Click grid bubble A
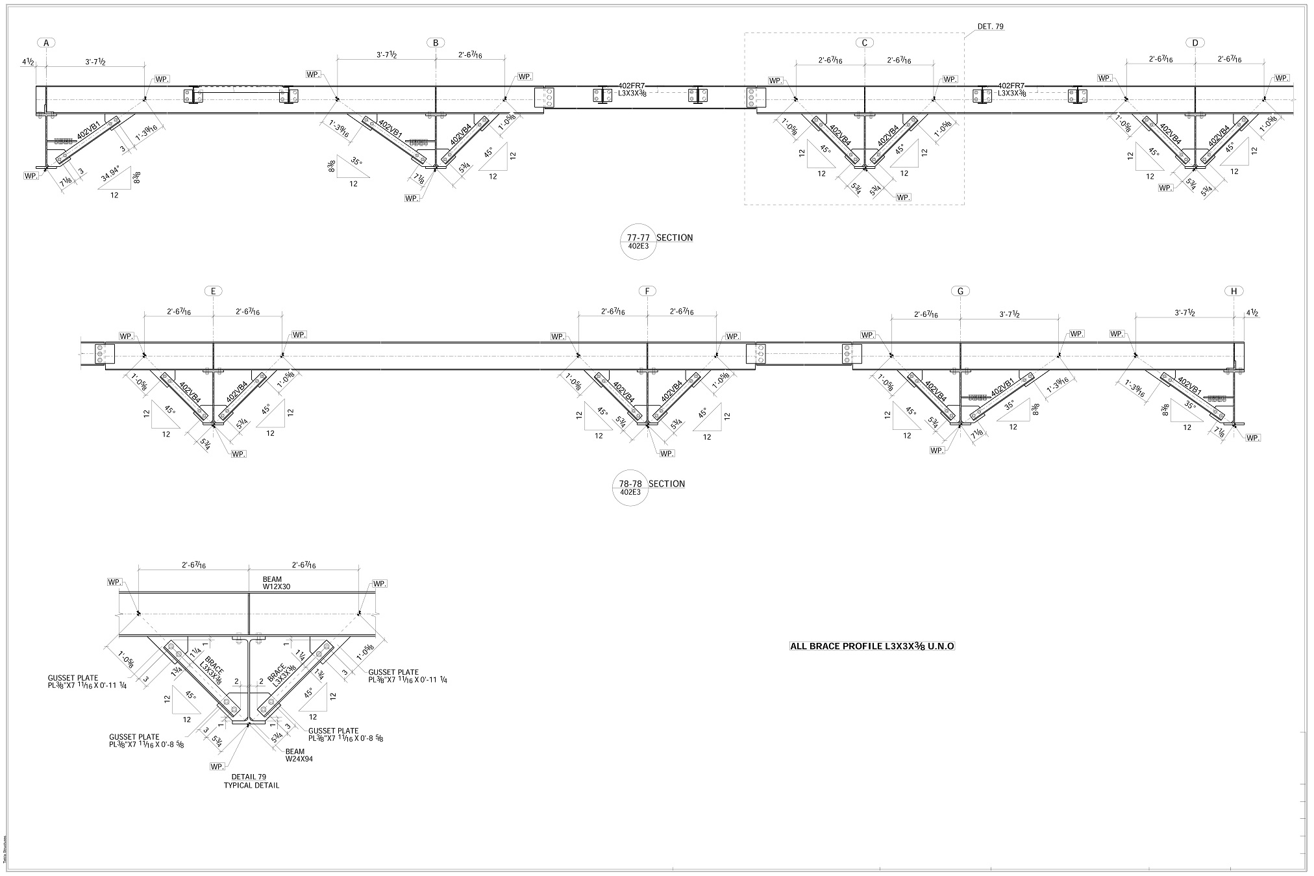click(x=46, y=43)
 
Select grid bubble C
click(x=864, y=43)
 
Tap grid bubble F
click(x=647, y=291)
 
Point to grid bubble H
click(x=1233, y=291)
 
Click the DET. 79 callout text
click(x=991, y=27)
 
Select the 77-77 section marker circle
click(x=638, y=242)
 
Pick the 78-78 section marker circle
click(x=630, y=488)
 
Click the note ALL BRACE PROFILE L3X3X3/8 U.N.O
click(x=872, y=646)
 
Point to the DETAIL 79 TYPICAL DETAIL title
click(x=251, y=781)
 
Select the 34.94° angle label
click(x=112, y=175)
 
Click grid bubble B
click(x=436, y=43)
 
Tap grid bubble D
click(x=1195, y=43)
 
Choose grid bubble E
click(x=213, y=291)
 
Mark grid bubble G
click(x=960, y=291)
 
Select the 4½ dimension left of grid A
click(x=28, y=62)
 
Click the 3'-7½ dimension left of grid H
click(x=1185, y=313)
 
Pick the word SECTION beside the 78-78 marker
click(x=667, y=484)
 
